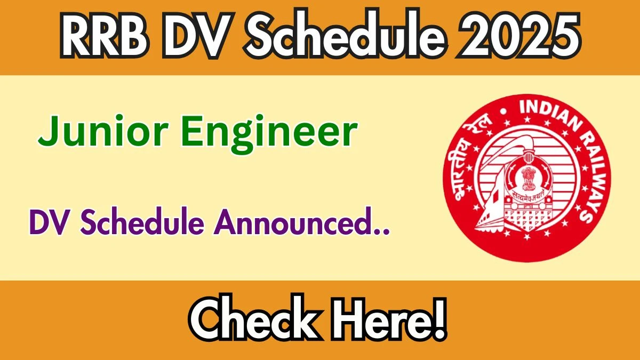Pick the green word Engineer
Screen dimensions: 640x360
point(269,134)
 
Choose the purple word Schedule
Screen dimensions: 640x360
point(142,221)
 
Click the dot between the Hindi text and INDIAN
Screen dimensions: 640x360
point(503,111)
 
